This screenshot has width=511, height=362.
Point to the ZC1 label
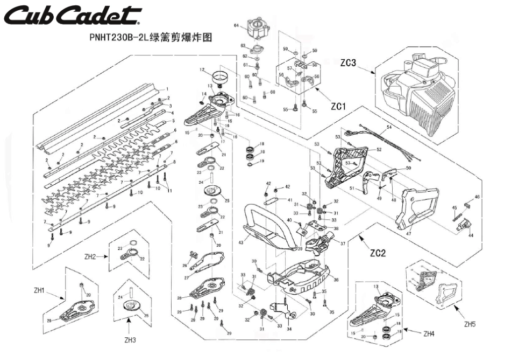point(337,107)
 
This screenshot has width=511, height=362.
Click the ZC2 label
point(378,251)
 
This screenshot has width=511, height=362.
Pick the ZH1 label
point(39,291)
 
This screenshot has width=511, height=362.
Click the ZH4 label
point(429,334)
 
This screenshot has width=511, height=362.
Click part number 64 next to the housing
point(236,26)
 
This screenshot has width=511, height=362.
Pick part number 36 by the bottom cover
point(336,280)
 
